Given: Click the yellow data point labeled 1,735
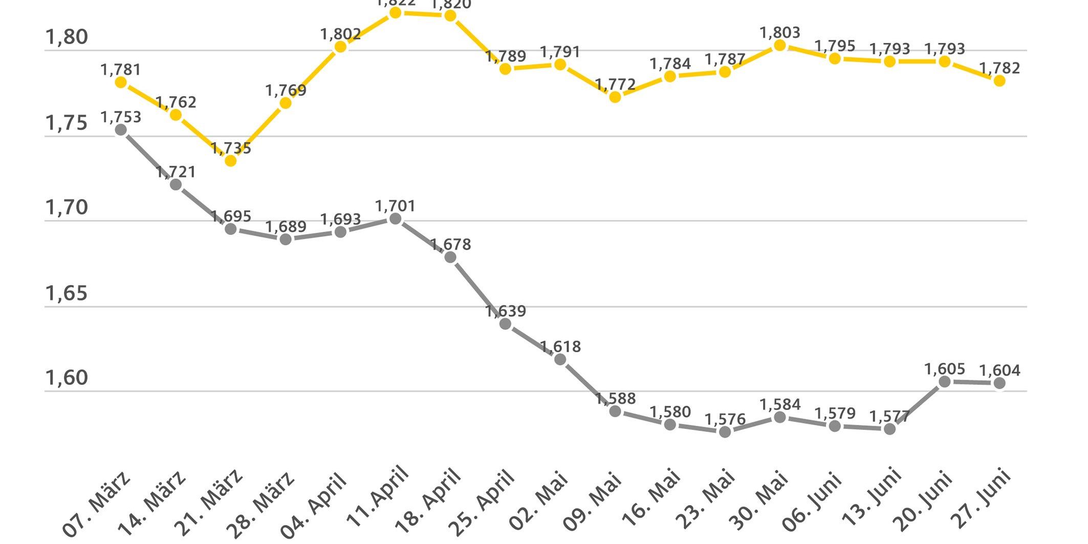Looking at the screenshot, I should pos(231,161).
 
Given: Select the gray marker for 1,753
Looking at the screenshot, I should pos(121,130).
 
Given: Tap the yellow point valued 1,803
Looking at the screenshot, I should pos(780,46).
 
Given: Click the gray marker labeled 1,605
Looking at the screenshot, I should pos(945,382).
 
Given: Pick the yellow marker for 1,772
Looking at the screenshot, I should pos(615,97).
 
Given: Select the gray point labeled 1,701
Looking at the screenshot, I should pos(395,219).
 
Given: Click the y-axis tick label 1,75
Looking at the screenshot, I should pos(67,123).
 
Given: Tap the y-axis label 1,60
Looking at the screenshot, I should pos(67,378).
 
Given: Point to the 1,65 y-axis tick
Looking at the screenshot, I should pos(67,293).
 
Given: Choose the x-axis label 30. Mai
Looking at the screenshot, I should pos(759,502).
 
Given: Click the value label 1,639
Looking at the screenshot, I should pos(506,311).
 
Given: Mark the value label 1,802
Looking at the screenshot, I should pos(340,34).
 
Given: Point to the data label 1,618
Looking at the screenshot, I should pos(560,347).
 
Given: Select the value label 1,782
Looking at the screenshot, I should pos(999,68).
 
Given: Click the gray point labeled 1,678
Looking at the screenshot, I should pos(450,257).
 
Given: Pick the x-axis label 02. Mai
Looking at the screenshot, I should pos(539,502).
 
